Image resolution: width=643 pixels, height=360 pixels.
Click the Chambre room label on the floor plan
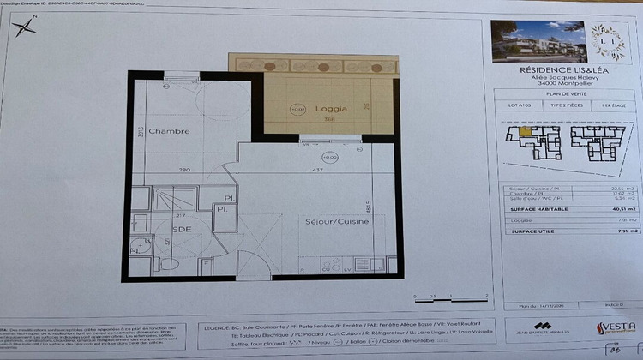click(168, 131)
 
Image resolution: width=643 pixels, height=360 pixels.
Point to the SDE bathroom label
click(182, 230)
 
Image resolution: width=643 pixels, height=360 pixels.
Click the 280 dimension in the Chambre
click(183, 170)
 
